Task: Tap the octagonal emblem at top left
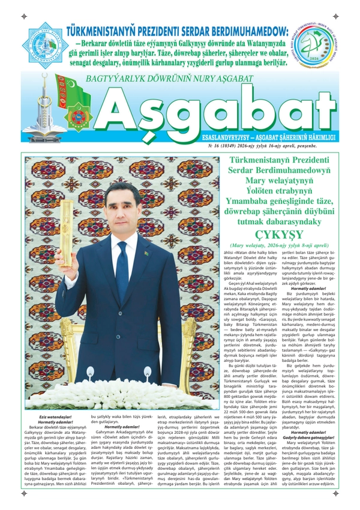[x=44, y=45]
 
